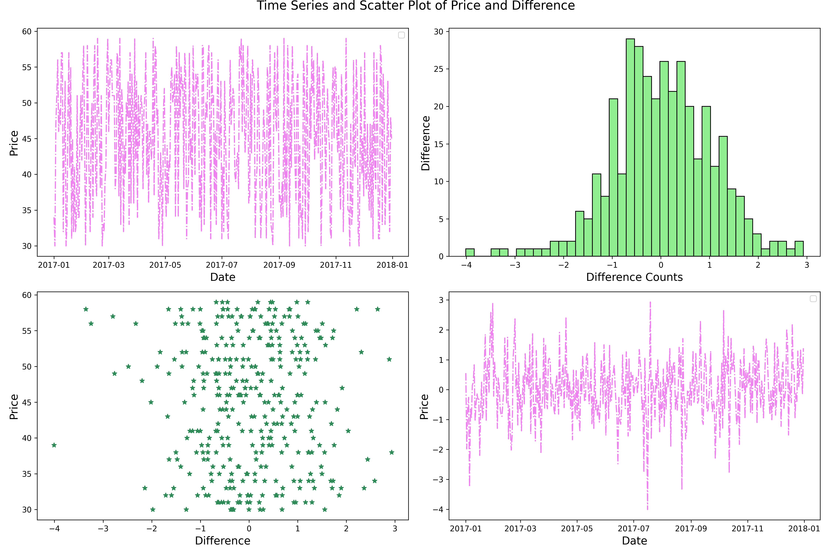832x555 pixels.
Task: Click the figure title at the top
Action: tap(416, 6)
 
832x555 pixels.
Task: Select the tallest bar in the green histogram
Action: tap(630, 147)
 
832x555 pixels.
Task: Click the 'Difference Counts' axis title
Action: tap(634, 277)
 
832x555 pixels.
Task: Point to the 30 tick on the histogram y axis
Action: tap(439, 32)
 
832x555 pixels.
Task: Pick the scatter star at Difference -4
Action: tap(54, 445)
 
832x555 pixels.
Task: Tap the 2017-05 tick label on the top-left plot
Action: tap(165, 265)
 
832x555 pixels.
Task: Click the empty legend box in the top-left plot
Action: tap(401, 35)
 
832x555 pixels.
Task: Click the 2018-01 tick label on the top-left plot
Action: tap(392, 265)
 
